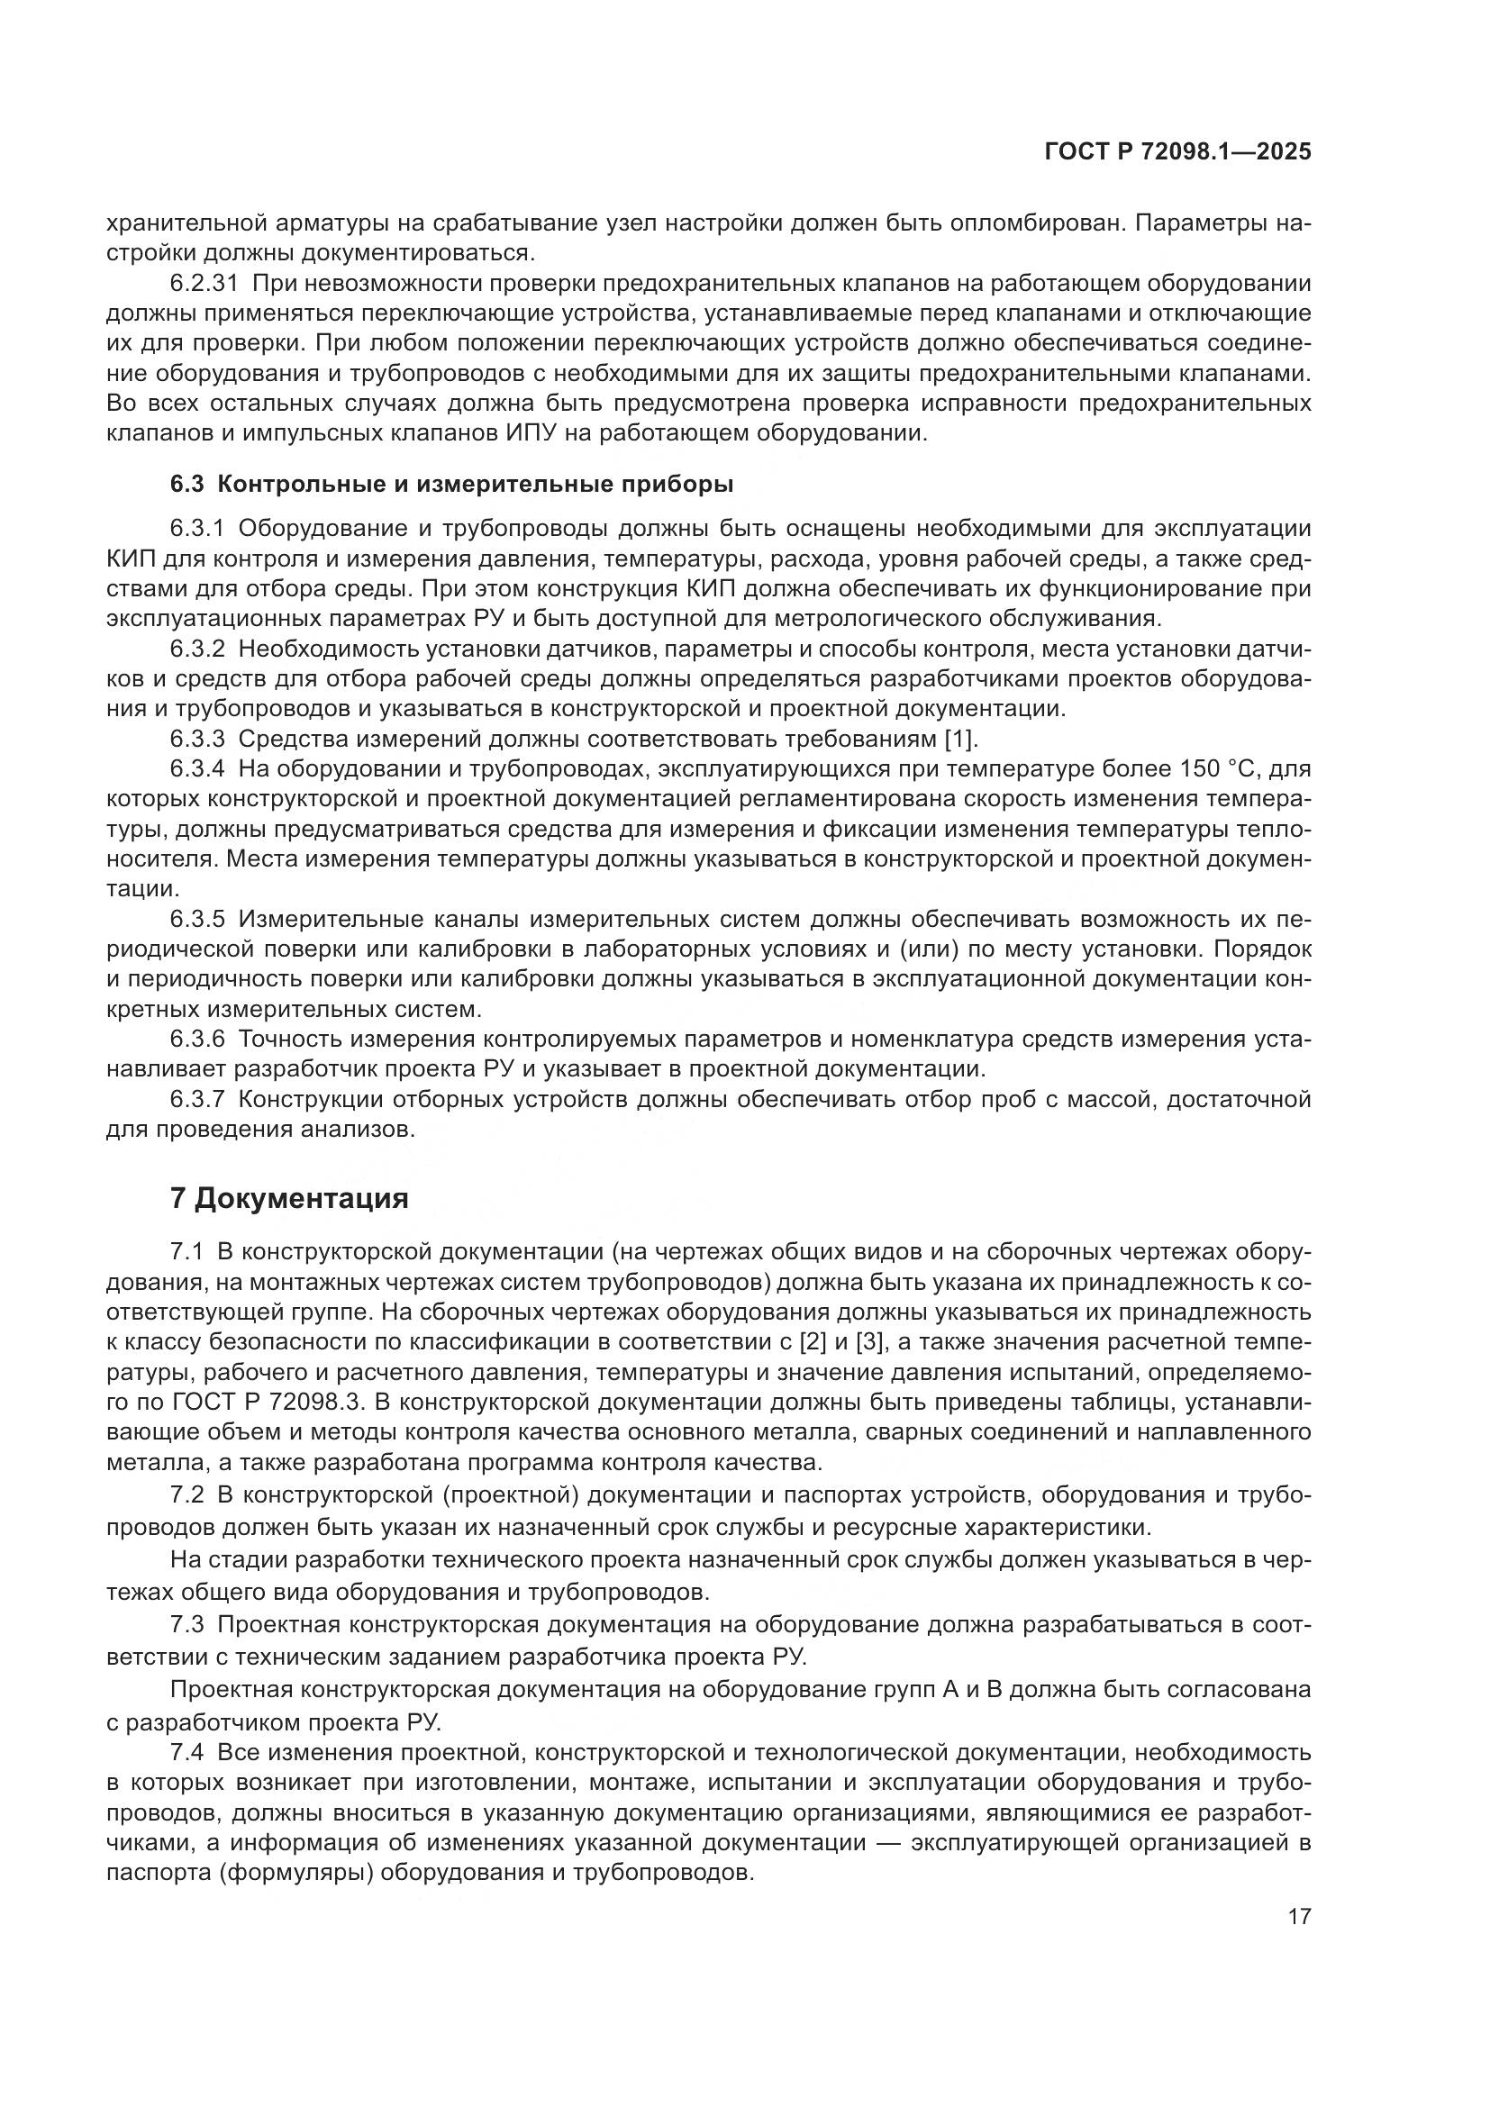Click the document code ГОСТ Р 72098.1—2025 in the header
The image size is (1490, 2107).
1178,152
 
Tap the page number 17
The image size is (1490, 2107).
1299,1917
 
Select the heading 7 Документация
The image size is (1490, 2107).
289,1198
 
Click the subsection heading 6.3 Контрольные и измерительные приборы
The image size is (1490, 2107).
451,484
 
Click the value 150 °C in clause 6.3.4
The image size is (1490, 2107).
1208,769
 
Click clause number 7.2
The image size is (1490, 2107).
187,1495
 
